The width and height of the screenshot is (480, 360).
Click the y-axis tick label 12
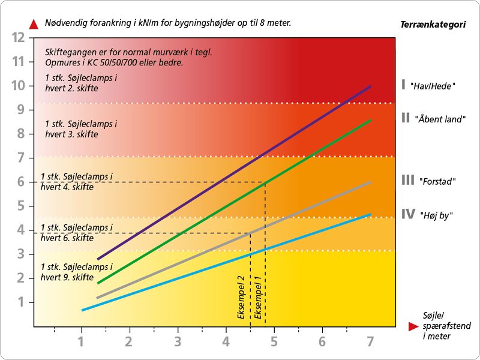tap(18, 37)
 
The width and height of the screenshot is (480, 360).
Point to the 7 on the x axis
tap(370, 343)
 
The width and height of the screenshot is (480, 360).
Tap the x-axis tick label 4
tap(226, 343)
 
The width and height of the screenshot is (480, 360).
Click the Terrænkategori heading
tap(433, 25)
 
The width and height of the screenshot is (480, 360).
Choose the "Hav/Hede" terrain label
tap(434, 86)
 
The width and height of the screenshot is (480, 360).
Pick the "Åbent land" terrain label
tap(440, 119)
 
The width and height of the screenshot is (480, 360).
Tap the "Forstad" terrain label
tap(436, 181)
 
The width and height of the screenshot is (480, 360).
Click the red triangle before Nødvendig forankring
tap(34, 24)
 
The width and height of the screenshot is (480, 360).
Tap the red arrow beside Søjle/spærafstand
tap(412, 326)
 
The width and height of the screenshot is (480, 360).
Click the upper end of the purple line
tap(371, 86)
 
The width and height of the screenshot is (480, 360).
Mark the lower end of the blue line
tap(82, 310)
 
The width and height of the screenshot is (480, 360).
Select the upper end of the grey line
tap(371, 182)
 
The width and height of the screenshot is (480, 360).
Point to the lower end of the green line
tap(98, 283)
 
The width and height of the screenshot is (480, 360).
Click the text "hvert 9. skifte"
tap(67, 277)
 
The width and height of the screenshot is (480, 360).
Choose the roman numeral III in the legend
tap(408, 180)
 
